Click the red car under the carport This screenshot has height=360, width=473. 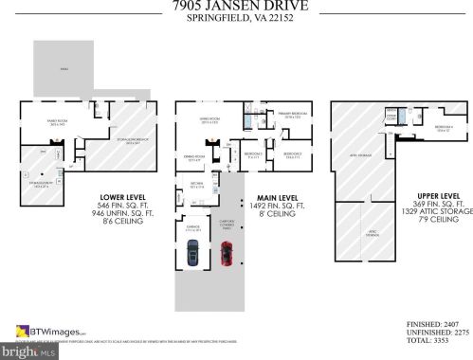pyautogui.click(x=227, y=254)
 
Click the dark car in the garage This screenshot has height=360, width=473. pyautogui.click(x=192, y=253)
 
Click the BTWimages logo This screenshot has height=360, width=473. pyautogui.click(x=49, y=331)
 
